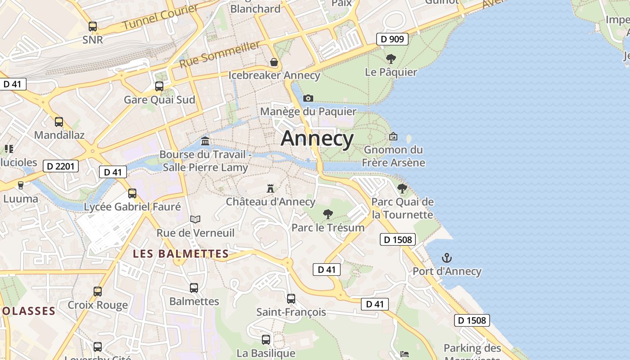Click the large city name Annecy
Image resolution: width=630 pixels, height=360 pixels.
(x=317, y=138)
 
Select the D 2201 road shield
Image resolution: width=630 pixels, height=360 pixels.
(x=60, y=166)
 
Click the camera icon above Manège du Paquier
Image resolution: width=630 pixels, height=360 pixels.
(x=308, y=98)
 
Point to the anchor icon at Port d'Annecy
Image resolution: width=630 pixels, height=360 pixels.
(x=447, y=258)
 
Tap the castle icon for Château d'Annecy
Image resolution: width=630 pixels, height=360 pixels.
(x=270, y=188)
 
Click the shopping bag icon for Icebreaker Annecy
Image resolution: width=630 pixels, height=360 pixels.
(x=274, y=62)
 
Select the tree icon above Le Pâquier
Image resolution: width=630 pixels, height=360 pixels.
(x=391, y=58)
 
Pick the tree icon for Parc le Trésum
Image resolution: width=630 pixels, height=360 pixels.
(x=328, y=214)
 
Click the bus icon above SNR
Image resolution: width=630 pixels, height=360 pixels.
(x=93, y=27)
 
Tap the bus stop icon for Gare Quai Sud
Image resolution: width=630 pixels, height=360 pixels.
(x=159, y=86)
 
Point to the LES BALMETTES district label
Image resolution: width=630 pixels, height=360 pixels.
(x=181, y=254)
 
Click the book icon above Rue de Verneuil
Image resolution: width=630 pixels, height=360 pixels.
(x=195, y=219)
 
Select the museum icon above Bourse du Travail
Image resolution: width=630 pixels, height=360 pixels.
(x=206, y=141)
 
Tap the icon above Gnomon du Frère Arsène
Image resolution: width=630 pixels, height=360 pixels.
(x=393, y=136)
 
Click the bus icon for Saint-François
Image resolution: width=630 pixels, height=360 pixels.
(x=291, y=298)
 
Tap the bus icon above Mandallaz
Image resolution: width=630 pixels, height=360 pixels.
(x=59, y=121)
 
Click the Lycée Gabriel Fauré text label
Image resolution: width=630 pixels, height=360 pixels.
(x=132, y=207)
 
